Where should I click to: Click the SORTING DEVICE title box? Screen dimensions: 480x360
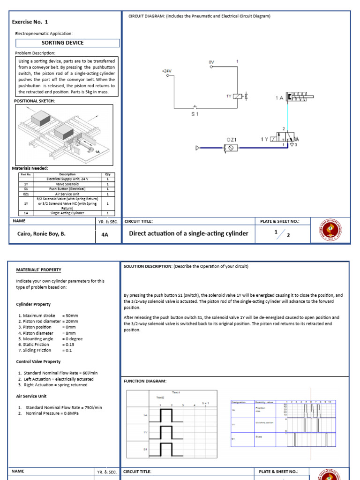[x=67, y=43]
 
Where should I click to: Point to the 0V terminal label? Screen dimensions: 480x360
[x=211, y=62]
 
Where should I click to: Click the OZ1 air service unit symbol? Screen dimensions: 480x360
[x=231, y=148]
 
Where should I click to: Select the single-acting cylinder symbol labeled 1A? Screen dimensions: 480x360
[x=297, y=97]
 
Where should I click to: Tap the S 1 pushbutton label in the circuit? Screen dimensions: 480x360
[x=195, y=114]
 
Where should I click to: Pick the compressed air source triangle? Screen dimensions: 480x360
[x=198, y=148]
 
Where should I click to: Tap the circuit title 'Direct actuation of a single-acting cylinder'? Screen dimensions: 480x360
[x=188, y=233]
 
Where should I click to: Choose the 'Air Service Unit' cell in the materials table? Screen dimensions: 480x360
[x=67, y=194]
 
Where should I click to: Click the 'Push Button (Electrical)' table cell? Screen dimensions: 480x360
[x=67, y=189]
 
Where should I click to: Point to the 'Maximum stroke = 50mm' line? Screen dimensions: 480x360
[x=48, y=316]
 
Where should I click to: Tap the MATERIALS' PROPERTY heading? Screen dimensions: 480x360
[x=38, y=270]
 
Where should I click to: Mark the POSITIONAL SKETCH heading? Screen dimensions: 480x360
[x=35, y=101]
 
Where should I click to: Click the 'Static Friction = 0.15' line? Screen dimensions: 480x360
[x=46, y=344]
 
